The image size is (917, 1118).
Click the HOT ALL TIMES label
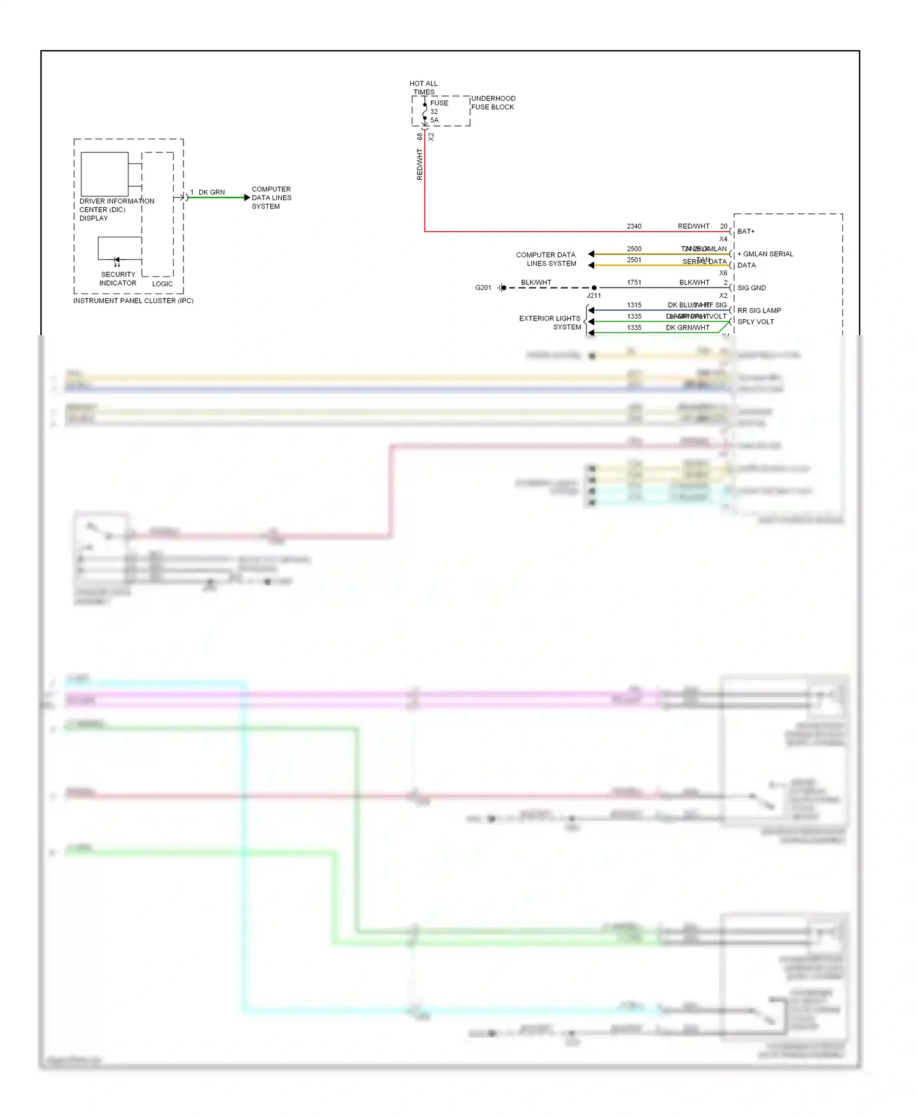coord(424,87)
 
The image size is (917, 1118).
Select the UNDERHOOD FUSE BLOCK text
coord(493,103)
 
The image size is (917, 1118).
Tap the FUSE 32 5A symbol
coord(425,112)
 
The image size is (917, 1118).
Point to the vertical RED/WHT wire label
coord(419,164)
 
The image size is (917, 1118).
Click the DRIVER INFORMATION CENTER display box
coord(105,174)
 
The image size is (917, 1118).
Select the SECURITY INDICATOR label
coord(118,279)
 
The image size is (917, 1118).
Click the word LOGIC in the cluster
coord(163,284)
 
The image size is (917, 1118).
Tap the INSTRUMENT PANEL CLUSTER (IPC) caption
coord(133,301)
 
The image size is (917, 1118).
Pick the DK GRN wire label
coord(212,192)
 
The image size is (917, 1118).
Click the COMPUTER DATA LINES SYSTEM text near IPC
coord(271,198)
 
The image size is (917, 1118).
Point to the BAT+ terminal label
coord(746,231)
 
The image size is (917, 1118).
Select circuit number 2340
coord(634,226)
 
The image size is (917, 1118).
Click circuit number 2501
coord(634,260)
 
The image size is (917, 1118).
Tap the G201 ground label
coord(483,287)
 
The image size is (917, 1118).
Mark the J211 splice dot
coord(594,287)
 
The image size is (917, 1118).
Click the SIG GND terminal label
coord(751,288)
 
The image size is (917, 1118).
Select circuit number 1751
coord(634,283)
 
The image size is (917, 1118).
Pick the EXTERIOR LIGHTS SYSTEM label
coord(550,322)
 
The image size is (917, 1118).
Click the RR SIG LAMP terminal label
coord(759,310)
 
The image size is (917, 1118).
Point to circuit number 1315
coord(634,305)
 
